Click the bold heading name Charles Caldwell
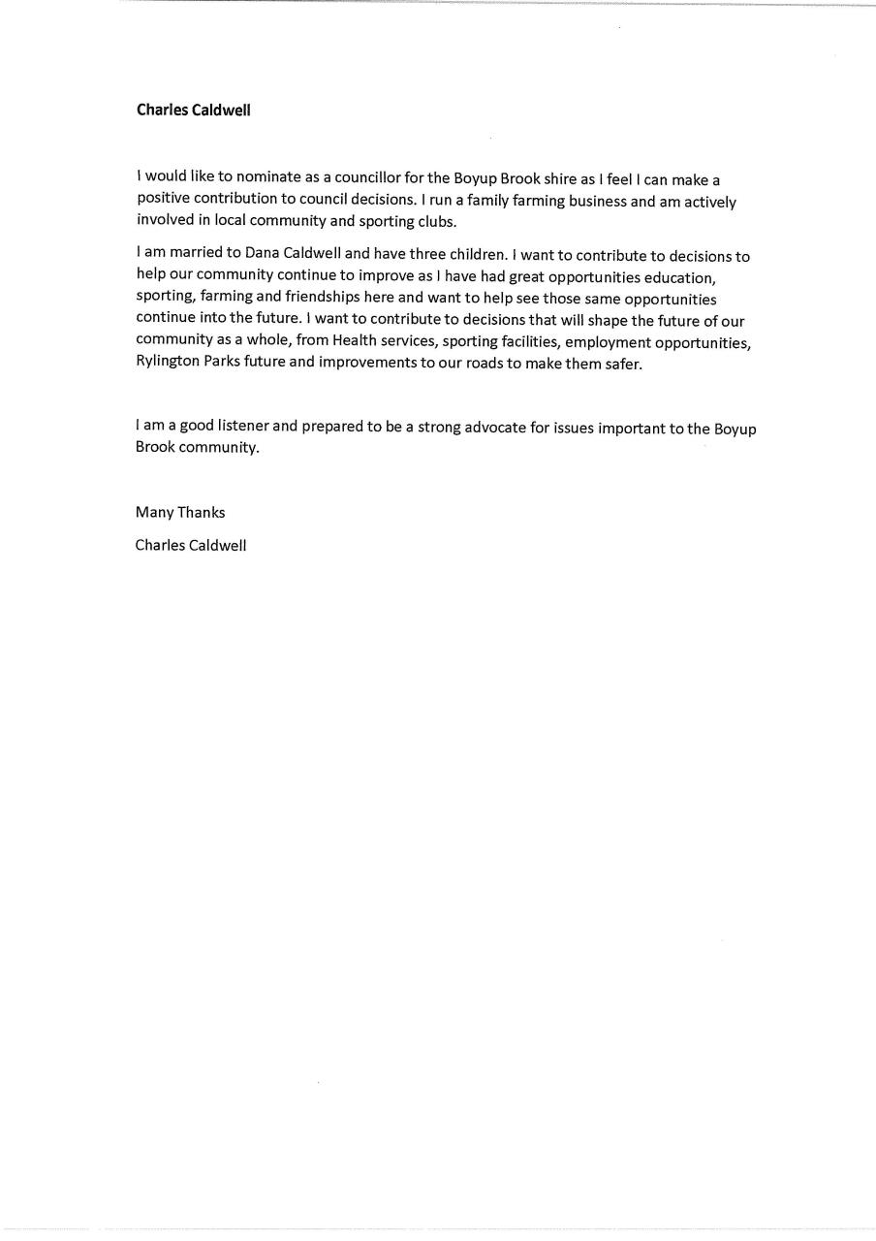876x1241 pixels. pos(193,110)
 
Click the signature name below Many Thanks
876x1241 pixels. pos(191,545)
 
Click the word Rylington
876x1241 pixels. pos(169,363)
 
